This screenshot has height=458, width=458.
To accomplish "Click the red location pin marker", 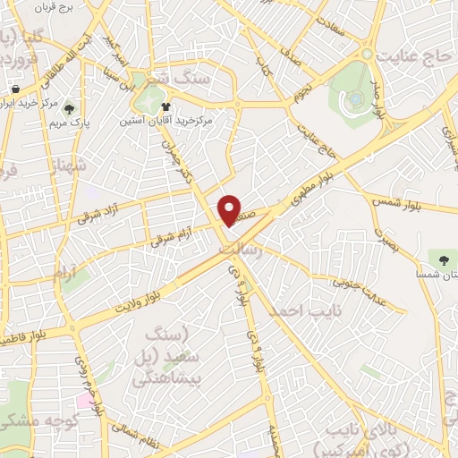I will coord(230,209).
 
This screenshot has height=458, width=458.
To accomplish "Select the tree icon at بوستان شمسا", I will coord(442,258).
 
